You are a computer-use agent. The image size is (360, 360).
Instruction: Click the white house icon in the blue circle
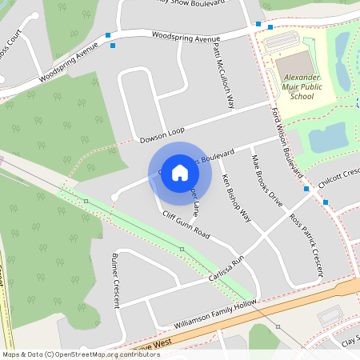pos(180,173)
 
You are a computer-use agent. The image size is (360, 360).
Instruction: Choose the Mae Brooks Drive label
pos(267,181)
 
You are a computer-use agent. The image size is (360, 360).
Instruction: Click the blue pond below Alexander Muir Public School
pos(329,138)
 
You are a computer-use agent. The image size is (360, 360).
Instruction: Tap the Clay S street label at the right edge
pos(349,341)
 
